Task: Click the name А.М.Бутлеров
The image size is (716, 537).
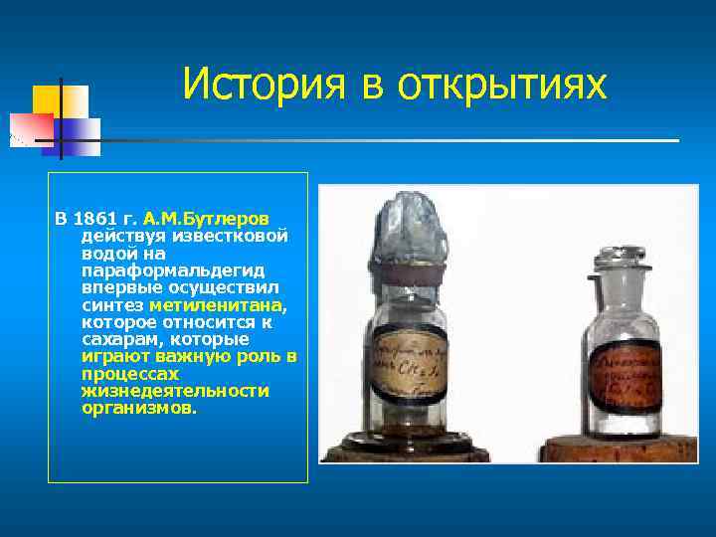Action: pyautogui.click(x=213, y=218)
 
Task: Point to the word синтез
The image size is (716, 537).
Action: pyautogui.click(x=111, y=304)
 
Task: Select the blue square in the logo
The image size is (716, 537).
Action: pyautogui.click(x=80, y=129)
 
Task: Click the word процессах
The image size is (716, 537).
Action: pyautogui.click(x=130, y=374)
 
